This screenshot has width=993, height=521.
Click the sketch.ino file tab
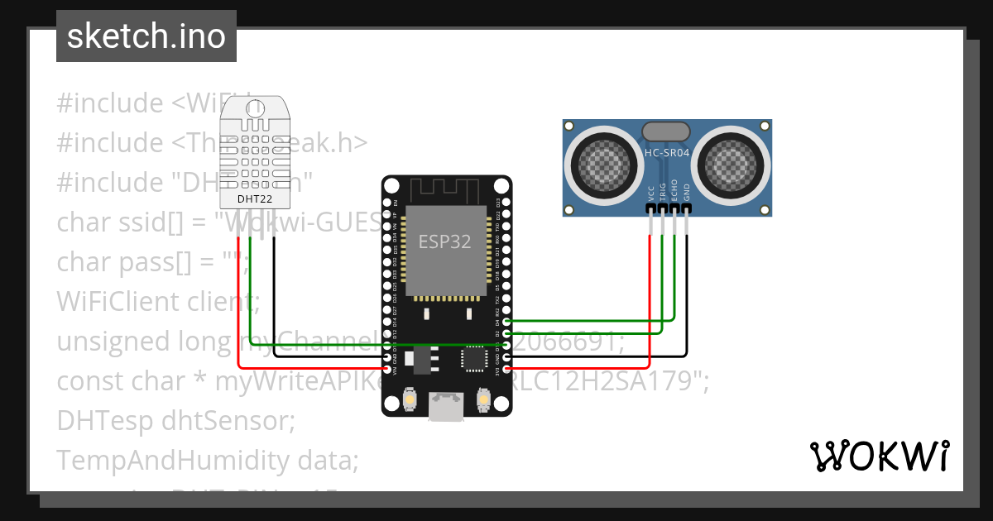click(146, 36)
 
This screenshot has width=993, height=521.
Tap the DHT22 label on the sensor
click(254, 198)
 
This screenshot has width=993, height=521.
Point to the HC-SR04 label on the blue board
click(666, 153)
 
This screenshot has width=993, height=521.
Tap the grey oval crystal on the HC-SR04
click(666, 131)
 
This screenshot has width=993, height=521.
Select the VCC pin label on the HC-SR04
click(651, 193)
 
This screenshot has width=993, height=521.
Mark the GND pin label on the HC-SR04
click(686, 193)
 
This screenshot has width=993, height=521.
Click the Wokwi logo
click(879, 456)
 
